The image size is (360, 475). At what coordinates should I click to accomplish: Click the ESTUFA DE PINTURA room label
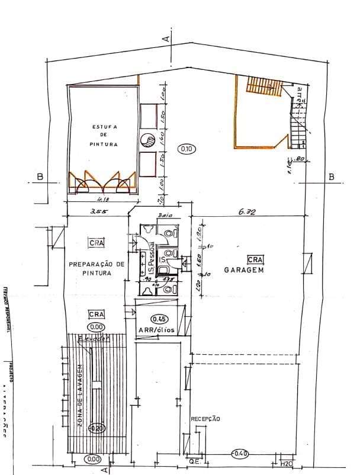(x=105, y=136)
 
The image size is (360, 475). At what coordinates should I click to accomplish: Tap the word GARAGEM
(x=243, y=269)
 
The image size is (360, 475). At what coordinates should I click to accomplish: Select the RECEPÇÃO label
(x=205, y=419)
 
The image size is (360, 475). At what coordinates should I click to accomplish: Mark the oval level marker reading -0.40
(x=239, y=454)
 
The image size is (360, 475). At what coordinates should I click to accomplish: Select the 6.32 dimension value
(x=247, y=210)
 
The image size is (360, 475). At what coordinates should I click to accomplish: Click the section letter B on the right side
(x=331, y=176)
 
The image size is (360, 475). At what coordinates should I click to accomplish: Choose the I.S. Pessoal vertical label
(x=152, y=261)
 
